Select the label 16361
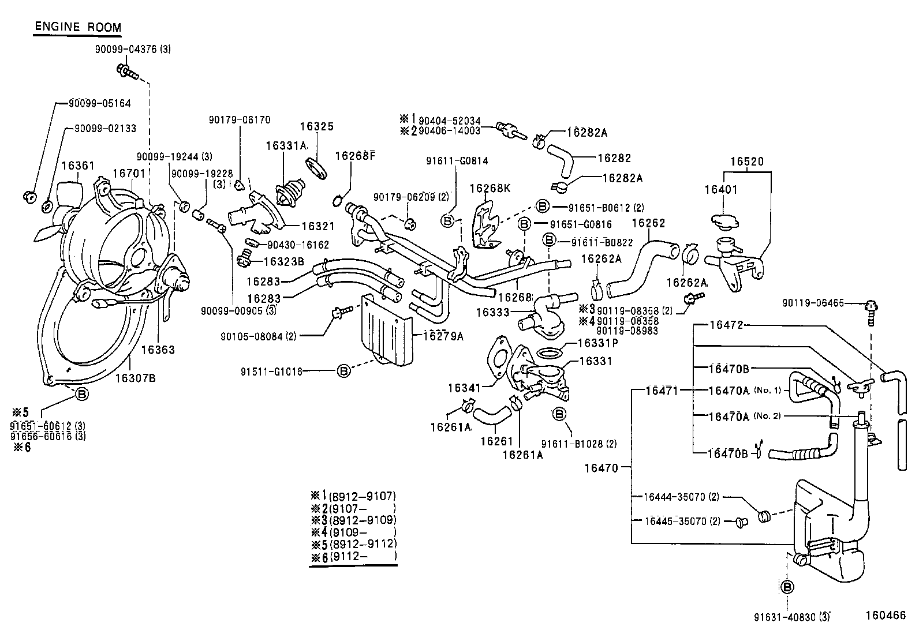click(x=77, y=166)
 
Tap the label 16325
click(x=317, y=126)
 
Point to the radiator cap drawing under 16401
click(x=727, y=220)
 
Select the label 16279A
click(x=443, y=336)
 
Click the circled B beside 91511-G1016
click(x=343, y=371)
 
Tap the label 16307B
click(x=135, y=378)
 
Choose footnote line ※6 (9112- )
click(x=353, y=556)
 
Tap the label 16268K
click(x=490, y=188)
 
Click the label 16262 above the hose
click(x=648, y=223)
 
